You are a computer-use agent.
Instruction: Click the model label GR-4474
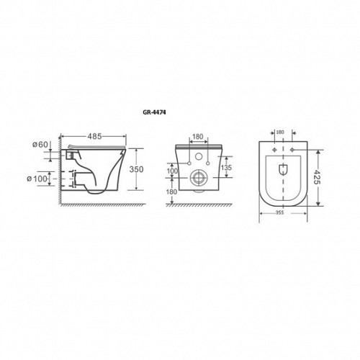pyautogui.click(x=154, y=112)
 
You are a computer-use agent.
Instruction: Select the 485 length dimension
pyautogui.click(x=94, y=136)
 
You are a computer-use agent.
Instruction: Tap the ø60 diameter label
pyautogui.click(x=40, y=145)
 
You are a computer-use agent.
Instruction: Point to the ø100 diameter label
pyautogui.click(x=37, y=179)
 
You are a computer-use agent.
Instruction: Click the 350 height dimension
pyautogui.click(x=136, y=169)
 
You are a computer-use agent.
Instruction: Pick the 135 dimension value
pyautogui.click(x=226, y=167)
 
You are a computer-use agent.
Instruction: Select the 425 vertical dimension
pyautogui.click(x=317, y=177)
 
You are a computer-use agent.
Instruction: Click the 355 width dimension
pyautogui.click(x=279, y=212)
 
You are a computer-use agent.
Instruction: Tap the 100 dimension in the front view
pyautogui.click(x=172, y=171)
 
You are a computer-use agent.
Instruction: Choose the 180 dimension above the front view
pyautogui.click(x=198, y=137)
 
